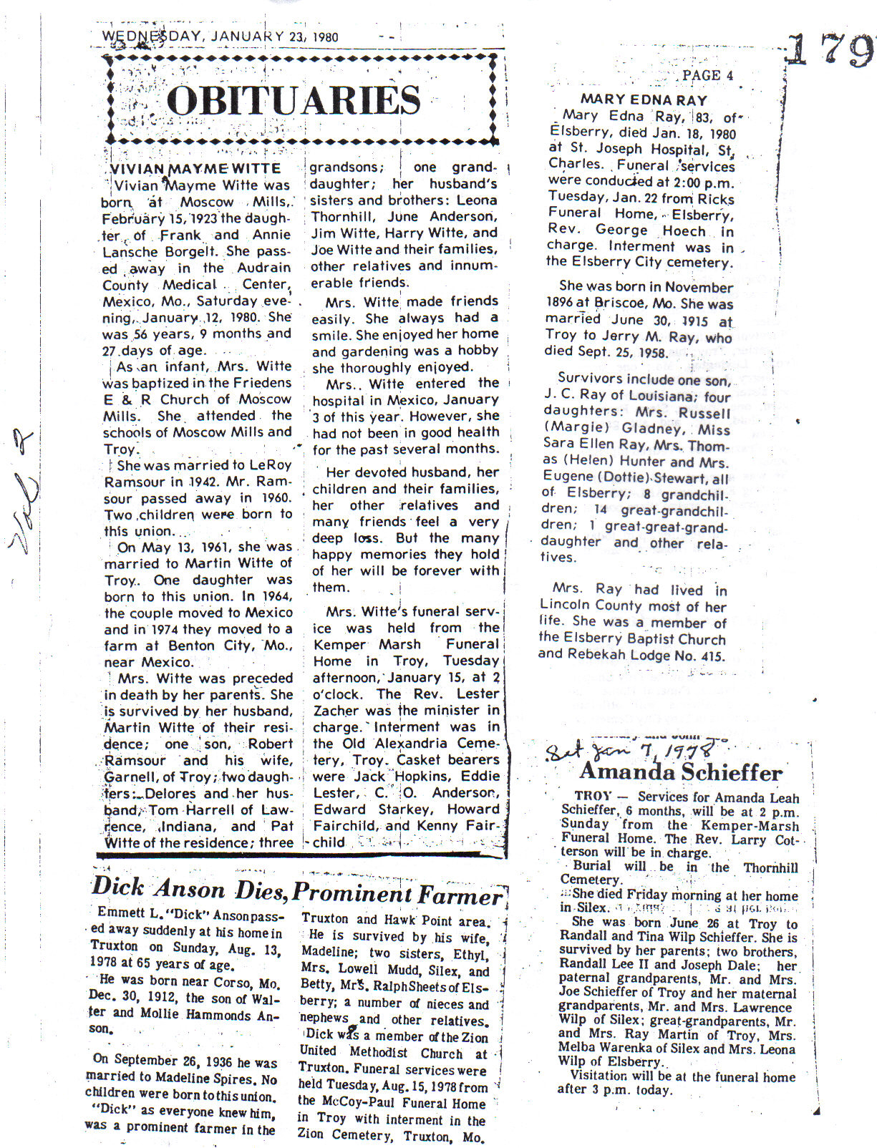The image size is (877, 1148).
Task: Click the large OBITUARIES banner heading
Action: coord(294,100)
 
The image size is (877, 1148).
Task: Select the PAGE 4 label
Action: coord(707,75)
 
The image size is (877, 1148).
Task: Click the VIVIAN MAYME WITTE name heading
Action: coord(195,169)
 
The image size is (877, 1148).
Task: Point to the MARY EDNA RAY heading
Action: coord(643,100)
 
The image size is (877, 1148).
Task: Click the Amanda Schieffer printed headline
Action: coord(680,772)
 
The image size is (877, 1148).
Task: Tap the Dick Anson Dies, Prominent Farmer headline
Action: coord(297,891)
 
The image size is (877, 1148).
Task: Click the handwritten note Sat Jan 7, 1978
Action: coord(630,751)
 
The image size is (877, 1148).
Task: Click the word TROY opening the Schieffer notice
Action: coord(593,797)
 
